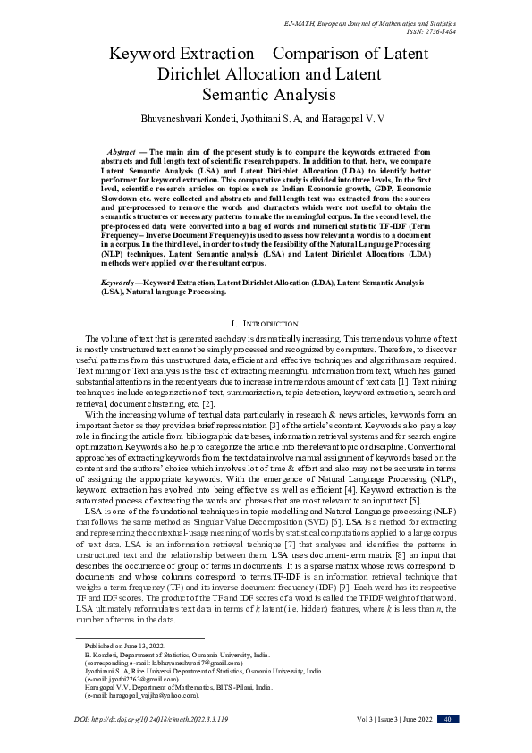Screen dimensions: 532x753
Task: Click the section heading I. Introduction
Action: [x=265, y=322]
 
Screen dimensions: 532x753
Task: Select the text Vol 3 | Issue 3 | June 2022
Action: [x=389, y=719]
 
